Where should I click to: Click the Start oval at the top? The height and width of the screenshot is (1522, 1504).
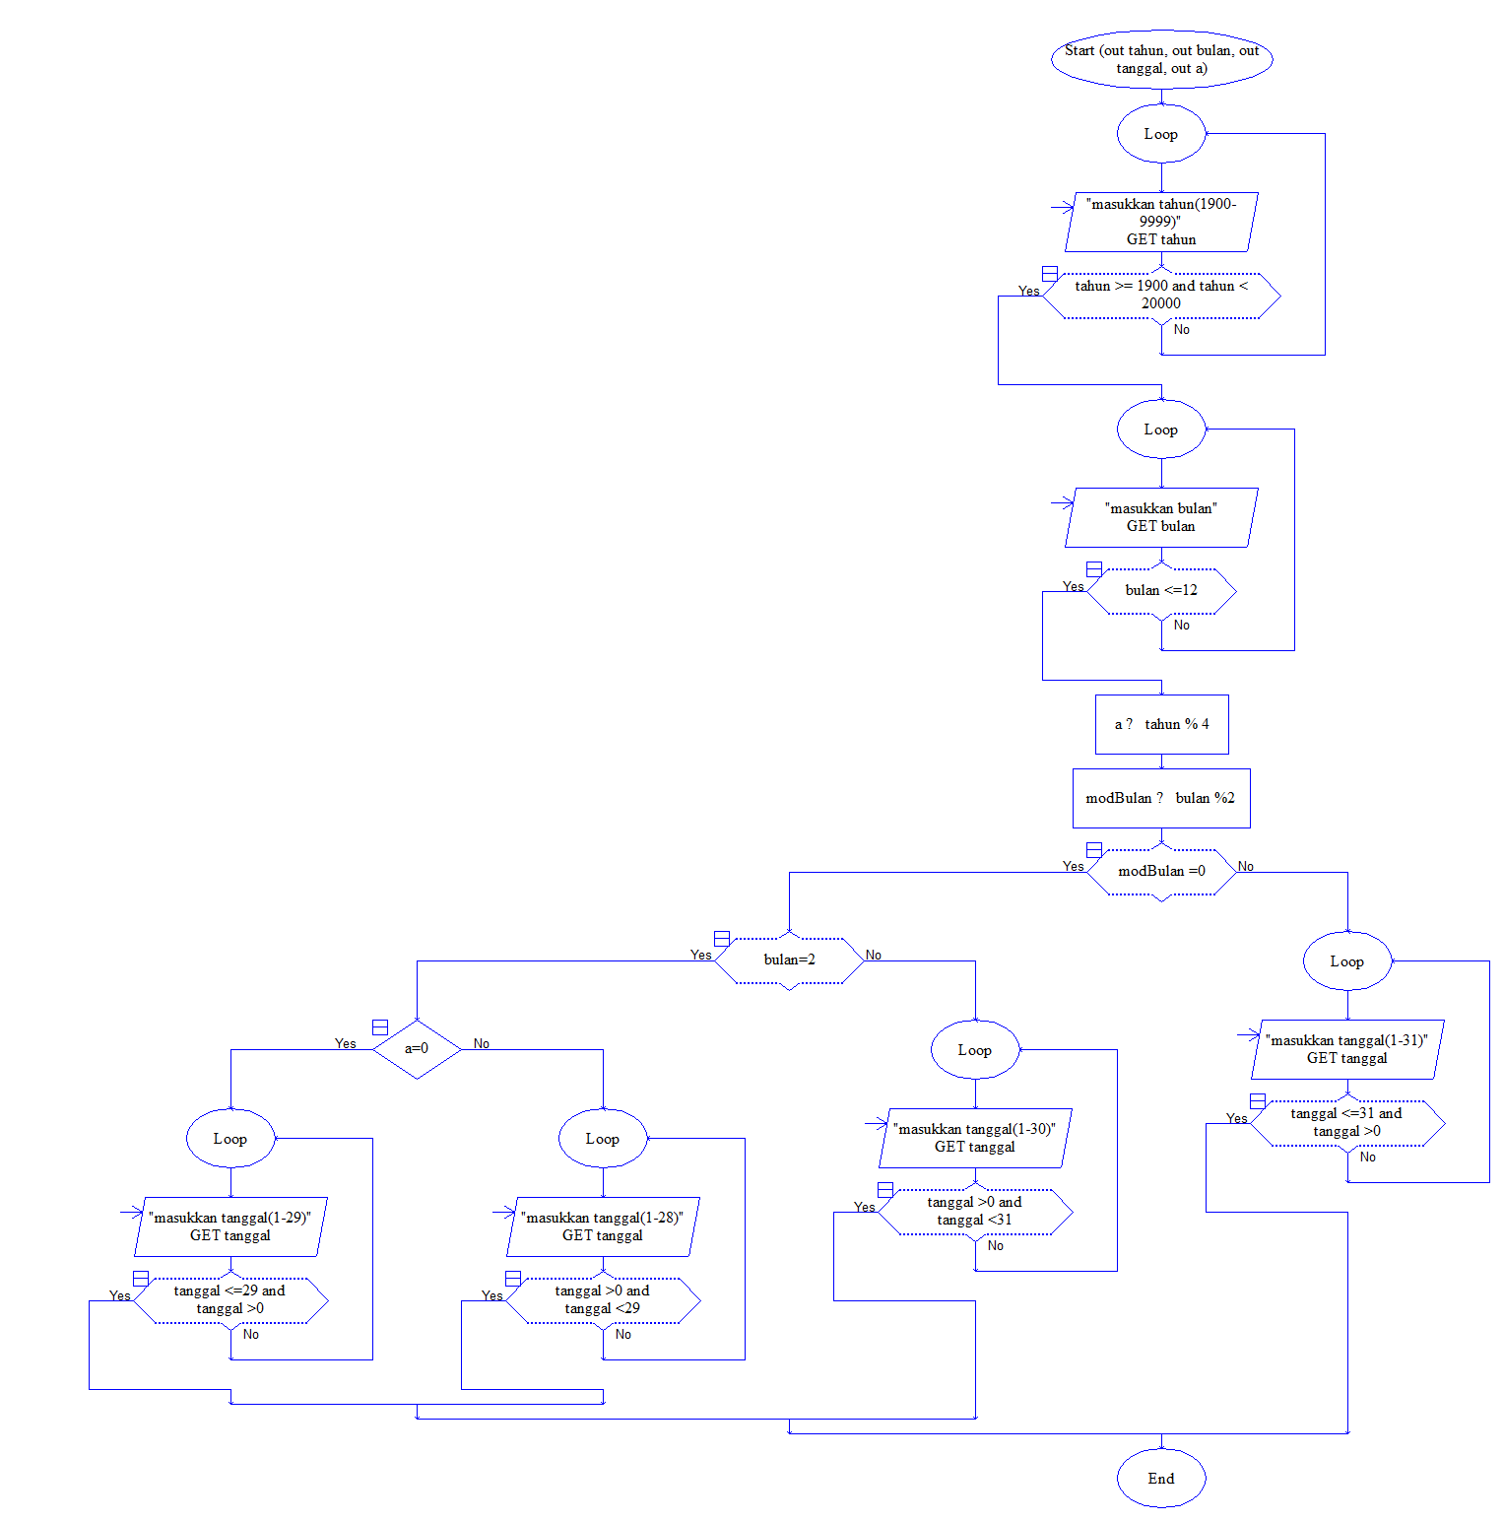[x=1161, y=59]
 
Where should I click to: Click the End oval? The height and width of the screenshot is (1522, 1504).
[x=1161, y=1478]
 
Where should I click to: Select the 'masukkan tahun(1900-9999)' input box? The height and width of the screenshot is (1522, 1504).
[x=1161, y=222]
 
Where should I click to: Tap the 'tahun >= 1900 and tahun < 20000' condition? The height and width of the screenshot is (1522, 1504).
[x=1161, y=296]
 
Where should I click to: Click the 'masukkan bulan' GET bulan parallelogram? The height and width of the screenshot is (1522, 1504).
[x=1161, y=517]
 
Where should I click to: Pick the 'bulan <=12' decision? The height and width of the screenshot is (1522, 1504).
[x=1161, y=591]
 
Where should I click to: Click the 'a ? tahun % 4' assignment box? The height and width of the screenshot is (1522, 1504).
[x=1161, y=724]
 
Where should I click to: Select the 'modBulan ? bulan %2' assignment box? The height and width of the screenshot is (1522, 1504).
[x=1161, y=798]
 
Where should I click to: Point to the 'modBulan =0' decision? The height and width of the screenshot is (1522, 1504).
[x=1161, y=872]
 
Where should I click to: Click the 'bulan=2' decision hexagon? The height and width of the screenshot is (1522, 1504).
[x=789, y=960]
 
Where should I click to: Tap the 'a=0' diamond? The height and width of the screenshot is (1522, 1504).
[x=417, y=1049]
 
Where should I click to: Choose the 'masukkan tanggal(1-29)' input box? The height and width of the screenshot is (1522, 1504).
[x=230, y=1226]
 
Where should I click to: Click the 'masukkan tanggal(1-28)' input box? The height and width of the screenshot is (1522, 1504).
[x=603, y=1226]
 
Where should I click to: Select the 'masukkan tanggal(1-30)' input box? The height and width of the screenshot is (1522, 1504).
[x=975, y=1138]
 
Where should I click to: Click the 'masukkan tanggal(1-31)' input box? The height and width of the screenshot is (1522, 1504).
[x=1347, y=1049]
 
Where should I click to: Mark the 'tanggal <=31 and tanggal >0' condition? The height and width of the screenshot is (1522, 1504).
[x=1347, y=1123]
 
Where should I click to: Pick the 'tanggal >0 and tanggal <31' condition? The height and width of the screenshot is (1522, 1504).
[x=975, y=1212]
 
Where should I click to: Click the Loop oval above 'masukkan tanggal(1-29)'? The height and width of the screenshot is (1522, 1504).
[x=230, y=1139]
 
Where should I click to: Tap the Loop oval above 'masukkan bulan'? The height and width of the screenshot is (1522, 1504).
[x=1161, y=430]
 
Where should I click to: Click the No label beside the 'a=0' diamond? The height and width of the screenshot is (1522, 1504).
[x=482, y=1043]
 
